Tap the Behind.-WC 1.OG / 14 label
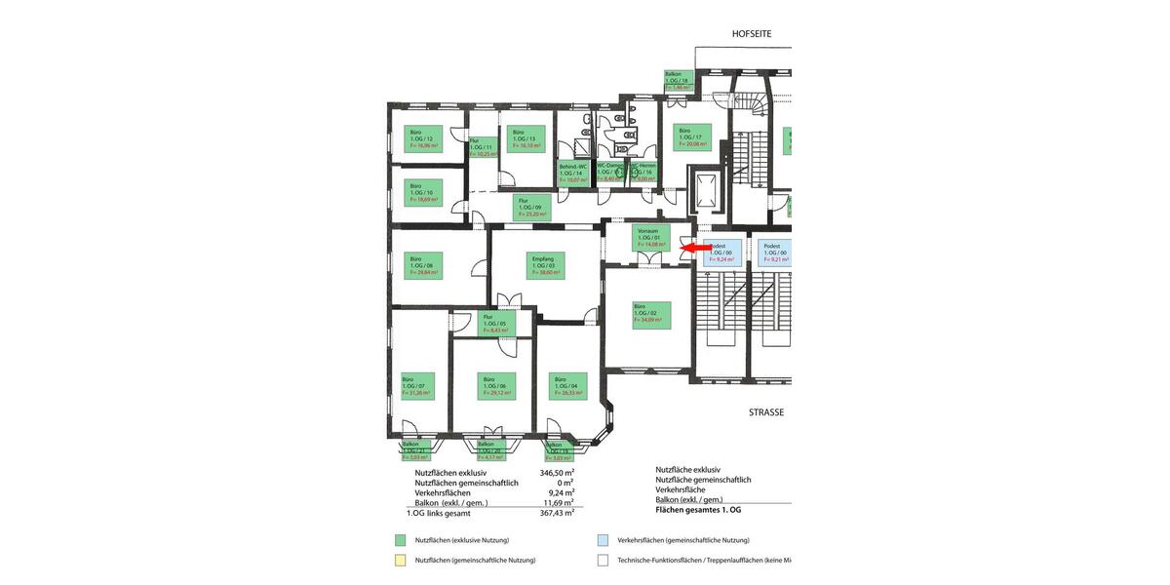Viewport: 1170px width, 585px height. (x=573, y=173)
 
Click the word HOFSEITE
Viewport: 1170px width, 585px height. (x=752, y=33)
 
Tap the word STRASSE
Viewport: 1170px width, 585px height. (x=766, y=412)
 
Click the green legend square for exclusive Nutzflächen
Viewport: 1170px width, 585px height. (x=400, y=539)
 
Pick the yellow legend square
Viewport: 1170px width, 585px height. (x=400, y=560)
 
